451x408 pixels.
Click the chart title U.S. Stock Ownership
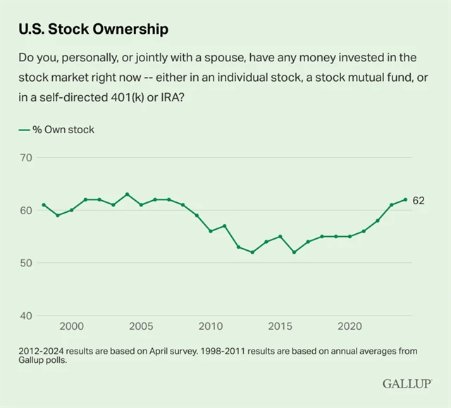[93, 30]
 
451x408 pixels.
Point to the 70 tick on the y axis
[25, 157]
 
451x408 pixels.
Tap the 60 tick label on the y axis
[25, 210]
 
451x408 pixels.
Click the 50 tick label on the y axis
[25, 263]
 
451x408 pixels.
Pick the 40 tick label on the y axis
[25, 316]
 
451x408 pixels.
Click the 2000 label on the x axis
[71, 327]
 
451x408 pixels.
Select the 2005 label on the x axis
[141, 327]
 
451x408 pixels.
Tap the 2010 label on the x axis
[210, 327]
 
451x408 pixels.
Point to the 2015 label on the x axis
[280, 327]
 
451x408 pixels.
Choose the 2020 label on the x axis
[350, 327]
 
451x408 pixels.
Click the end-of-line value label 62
[419, 200]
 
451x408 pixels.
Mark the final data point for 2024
[405, 199]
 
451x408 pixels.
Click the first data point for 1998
[44, 205]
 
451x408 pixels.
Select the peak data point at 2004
[127, 194]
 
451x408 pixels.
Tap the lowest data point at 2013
[252, 252]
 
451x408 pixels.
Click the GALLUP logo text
[407, 383]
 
